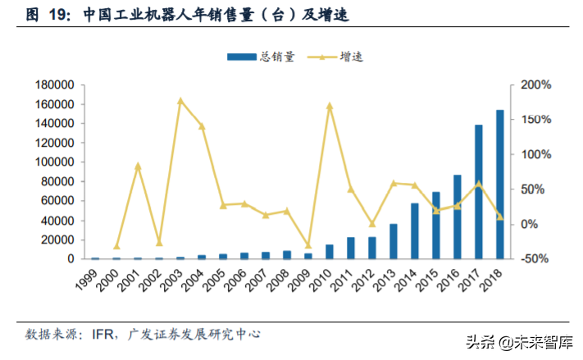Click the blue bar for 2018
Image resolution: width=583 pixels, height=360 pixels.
click(x=499, y=185)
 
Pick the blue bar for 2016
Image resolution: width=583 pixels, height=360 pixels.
click(x=457, y=216)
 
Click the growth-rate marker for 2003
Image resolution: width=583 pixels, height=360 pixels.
click(x=180, y=101)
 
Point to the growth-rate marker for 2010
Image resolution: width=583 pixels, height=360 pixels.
click(x=330, y=106)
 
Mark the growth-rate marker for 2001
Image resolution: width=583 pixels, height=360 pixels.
click(x=138, y=166)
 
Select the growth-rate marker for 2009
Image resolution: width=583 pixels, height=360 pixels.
click(x=308, y=245)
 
